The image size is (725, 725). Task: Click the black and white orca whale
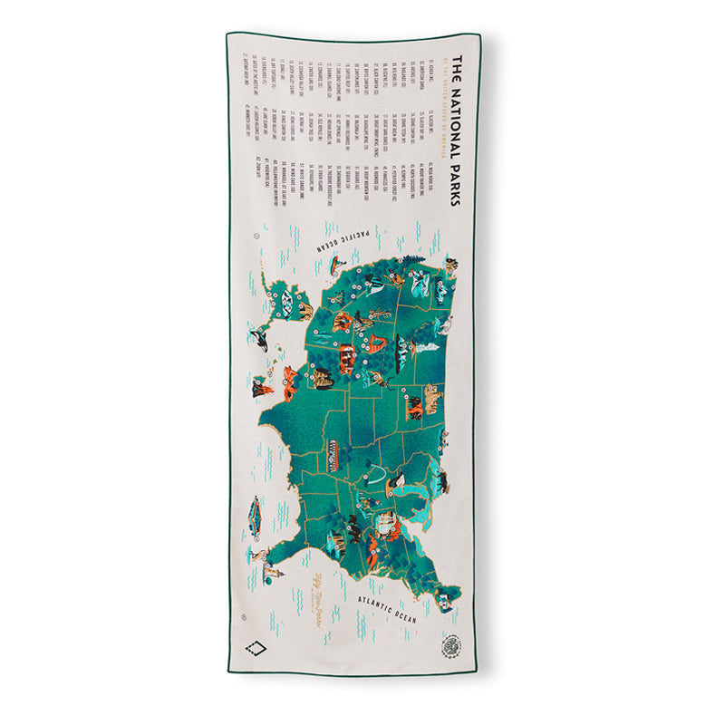tap(261, 340)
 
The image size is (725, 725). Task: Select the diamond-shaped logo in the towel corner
tap(256, 647)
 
